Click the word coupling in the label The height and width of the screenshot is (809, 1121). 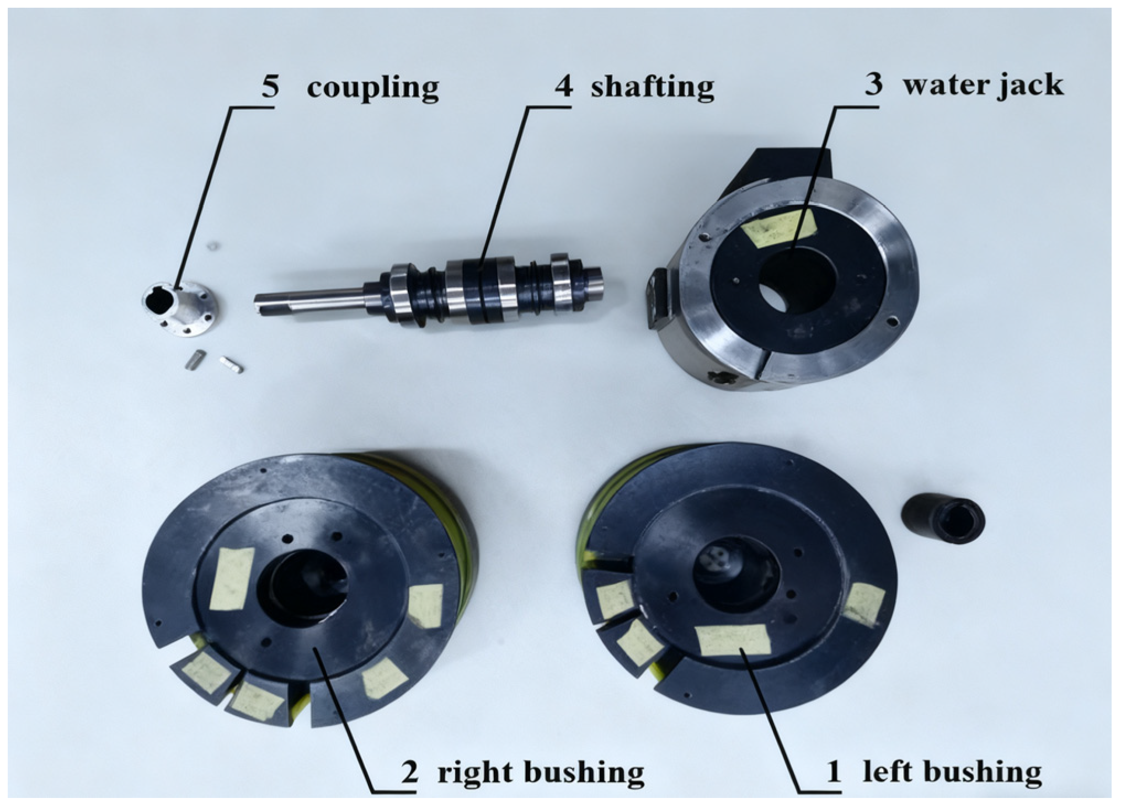373,88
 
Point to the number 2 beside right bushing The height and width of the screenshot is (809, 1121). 409,772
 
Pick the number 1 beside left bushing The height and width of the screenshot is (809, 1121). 834,772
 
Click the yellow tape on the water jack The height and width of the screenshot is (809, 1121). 779,228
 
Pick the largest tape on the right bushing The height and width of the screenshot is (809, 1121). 232,579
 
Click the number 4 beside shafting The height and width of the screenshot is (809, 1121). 563,87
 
